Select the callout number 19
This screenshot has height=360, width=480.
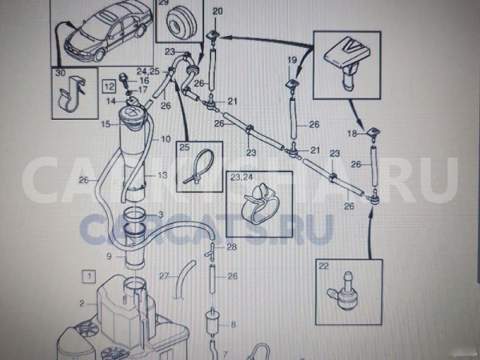tap(292, 61)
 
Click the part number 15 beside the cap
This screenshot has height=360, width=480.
tap(105, 126)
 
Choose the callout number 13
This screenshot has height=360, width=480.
tap(162, 174)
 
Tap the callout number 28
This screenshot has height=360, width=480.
tap(232, 247)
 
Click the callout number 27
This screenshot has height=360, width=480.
tap(163, 276)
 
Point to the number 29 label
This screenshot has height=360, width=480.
tap(163, 3)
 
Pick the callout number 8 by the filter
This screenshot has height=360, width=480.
tap(233, 324)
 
